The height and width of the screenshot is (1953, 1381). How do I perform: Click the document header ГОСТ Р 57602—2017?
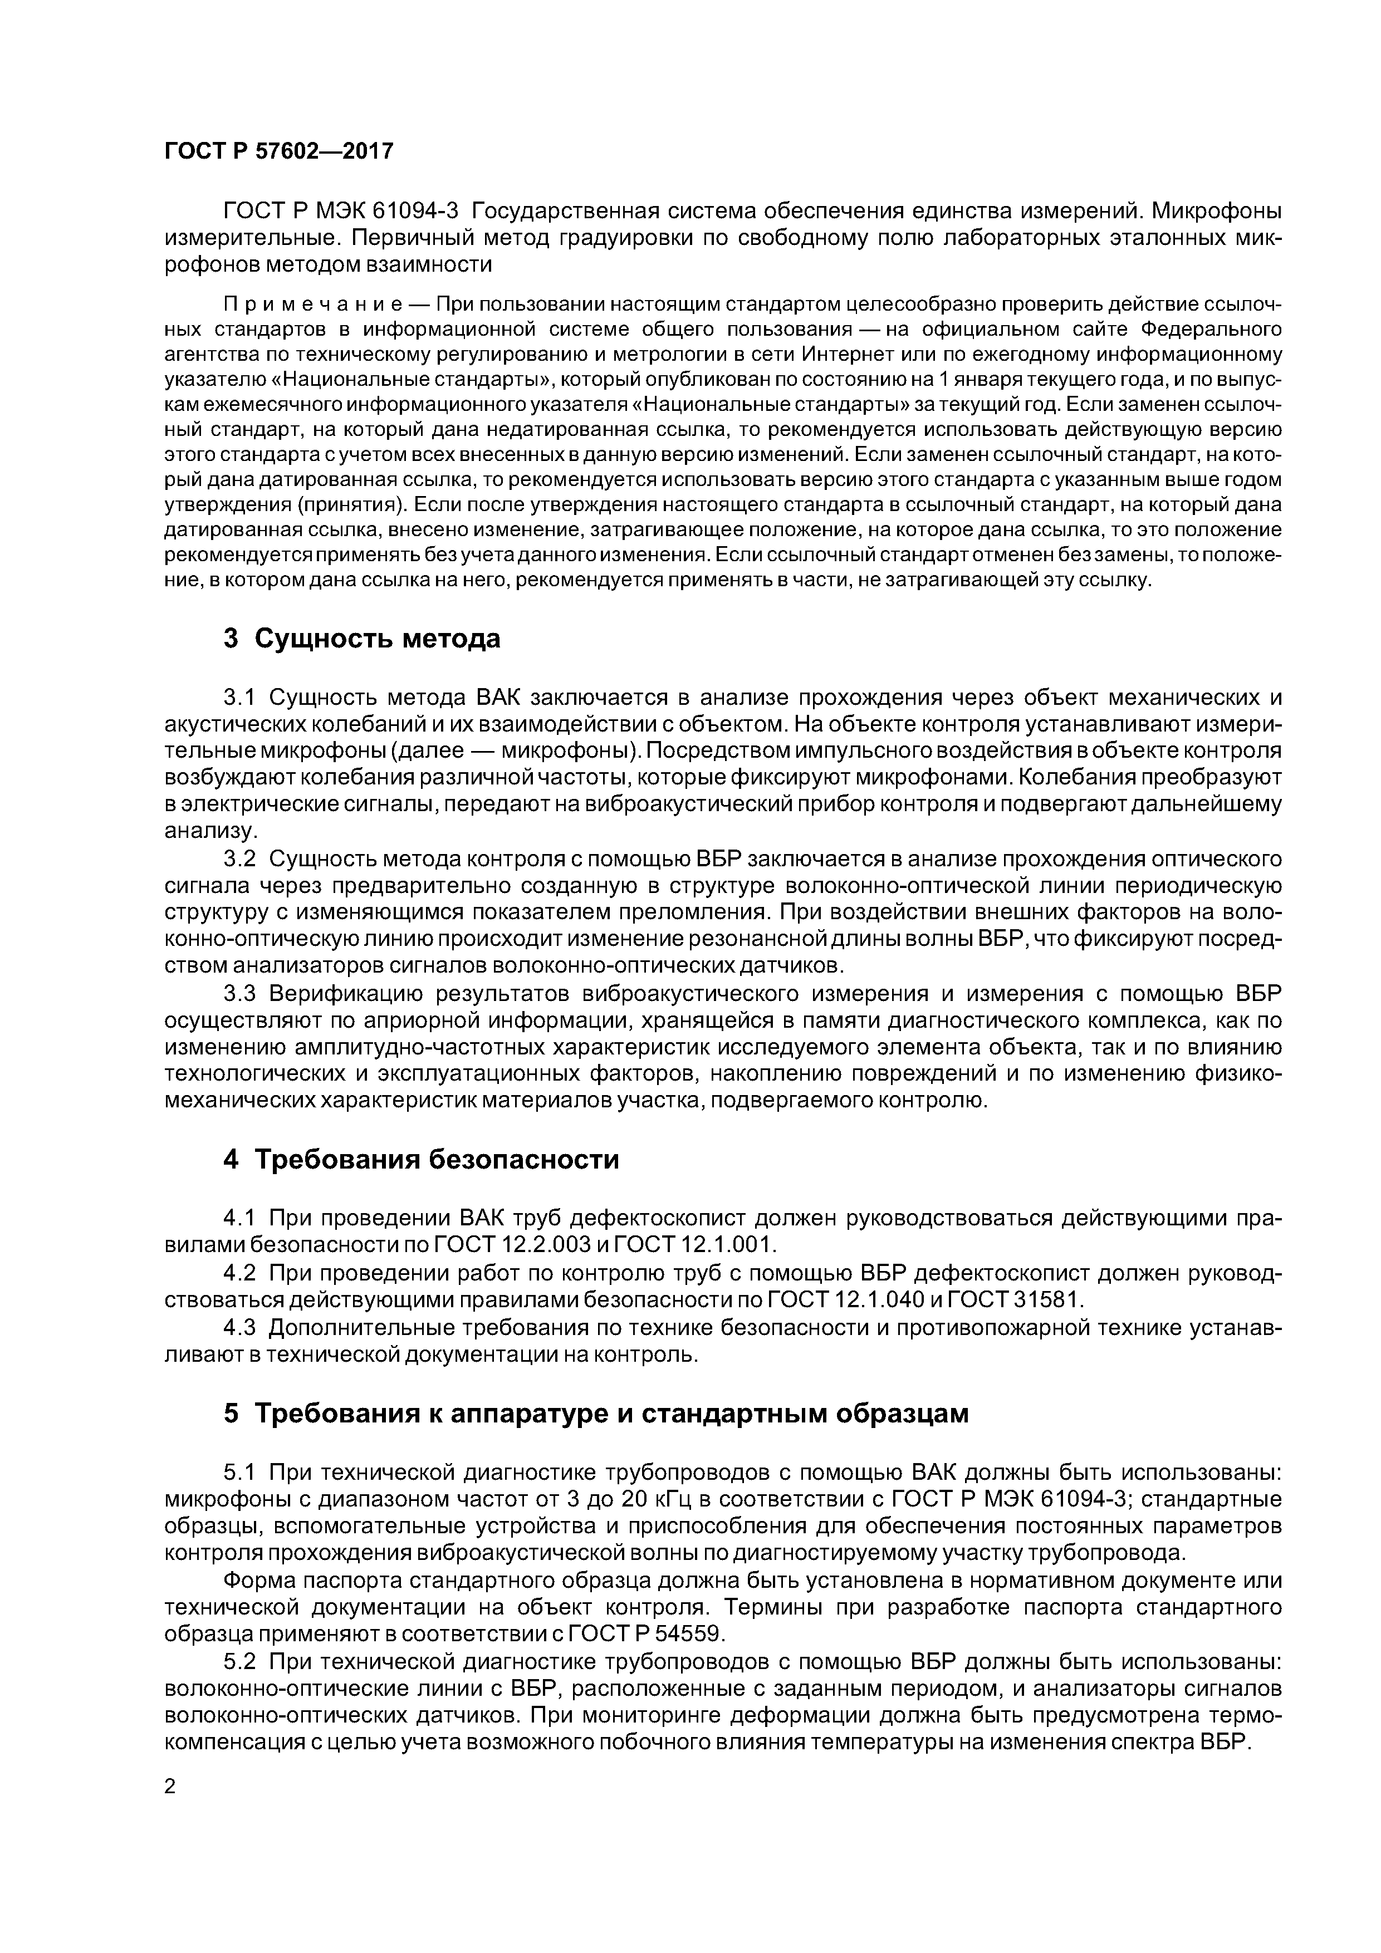coord(278,151)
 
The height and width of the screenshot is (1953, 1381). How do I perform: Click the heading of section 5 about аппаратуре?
coord(596,1414)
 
